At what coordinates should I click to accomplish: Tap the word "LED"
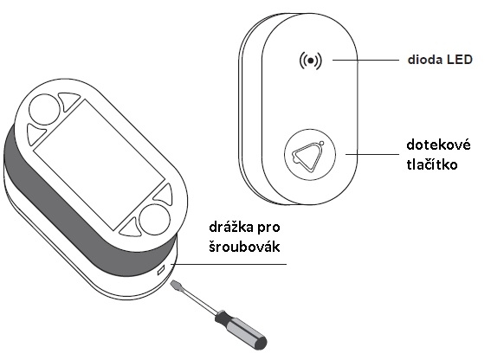(460, 60)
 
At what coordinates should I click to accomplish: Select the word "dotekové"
(438, 145)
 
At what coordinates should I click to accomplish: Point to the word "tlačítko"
(432, 164)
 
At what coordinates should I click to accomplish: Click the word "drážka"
(231, 228)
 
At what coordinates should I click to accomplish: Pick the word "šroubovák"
(244, 247)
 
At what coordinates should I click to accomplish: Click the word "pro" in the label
(268, 228)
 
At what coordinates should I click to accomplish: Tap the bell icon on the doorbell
(308, 156)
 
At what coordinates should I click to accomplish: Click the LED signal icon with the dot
(310, 61)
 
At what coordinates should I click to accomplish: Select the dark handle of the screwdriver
(241, 331)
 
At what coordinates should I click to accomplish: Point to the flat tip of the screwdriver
(174, 285)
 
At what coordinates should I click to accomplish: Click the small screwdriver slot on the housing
(161, 270)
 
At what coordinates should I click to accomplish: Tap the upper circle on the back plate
(44, 110)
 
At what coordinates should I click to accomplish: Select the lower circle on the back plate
(154, 220)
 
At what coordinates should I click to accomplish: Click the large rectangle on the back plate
(99, 164)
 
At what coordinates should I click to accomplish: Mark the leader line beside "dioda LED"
(365, 60)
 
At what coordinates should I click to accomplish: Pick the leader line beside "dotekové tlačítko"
(372, 154)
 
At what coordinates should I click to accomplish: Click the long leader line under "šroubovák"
(229, 264)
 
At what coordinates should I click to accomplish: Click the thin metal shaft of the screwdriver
(197, 301)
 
